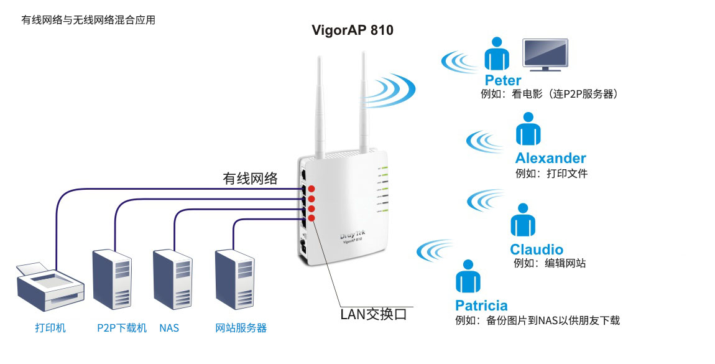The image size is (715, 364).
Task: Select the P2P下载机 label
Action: (122, 328)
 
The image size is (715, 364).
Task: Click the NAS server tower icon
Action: (173, 279)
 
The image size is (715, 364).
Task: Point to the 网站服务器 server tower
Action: (235, 279)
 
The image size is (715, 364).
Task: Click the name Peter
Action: (503, 80)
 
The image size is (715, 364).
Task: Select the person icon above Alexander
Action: (528, 130)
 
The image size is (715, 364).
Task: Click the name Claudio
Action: (537, 250)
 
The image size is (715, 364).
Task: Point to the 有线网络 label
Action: (251, 179)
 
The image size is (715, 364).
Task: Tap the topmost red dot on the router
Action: (311, 189)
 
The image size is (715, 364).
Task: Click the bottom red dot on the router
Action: (311, 218)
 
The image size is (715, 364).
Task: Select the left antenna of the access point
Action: (320, 106)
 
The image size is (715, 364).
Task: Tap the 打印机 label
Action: (50, 328)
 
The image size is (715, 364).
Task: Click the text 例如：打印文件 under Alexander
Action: (551, 174)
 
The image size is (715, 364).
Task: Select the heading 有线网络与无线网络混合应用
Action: (88, 20)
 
